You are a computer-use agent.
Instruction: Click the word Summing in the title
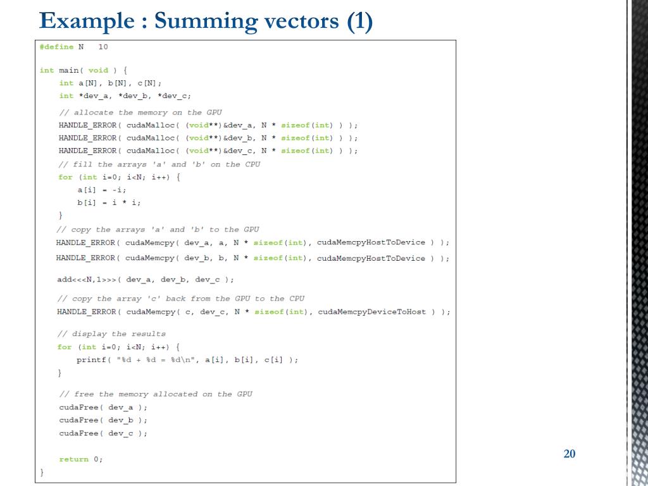[201, 21]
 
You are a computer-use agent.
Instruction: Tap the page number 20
[569, 454]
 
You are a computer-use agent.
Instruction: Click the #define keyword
[56, 47]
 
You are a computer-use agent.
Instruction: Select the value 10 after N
[103, 47]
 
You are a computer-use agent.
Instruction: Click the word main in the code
[68, 70]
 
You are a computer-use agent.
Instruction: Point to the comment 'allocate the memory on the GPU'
[140, 112]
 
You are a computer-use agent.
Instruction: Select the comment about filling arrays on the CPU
[159, 165]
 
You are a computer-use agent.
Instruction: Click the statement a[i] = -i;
[102, 190]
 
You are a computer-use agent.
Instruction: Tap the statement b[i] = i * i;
[109, 202]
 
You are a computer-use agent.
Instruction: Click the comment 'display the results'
[112, 333]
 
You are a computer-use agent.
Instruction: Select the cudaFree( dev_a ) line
[103, 407]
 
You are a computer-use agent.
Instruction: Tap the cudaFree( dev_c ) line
[103, 433]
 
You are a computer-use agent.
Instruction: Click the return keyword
[73, 459]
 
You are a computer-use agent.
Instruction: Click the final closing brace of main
[42, 472]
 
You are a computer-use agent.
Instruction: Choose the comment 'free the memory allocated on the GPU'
[156, 394]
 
